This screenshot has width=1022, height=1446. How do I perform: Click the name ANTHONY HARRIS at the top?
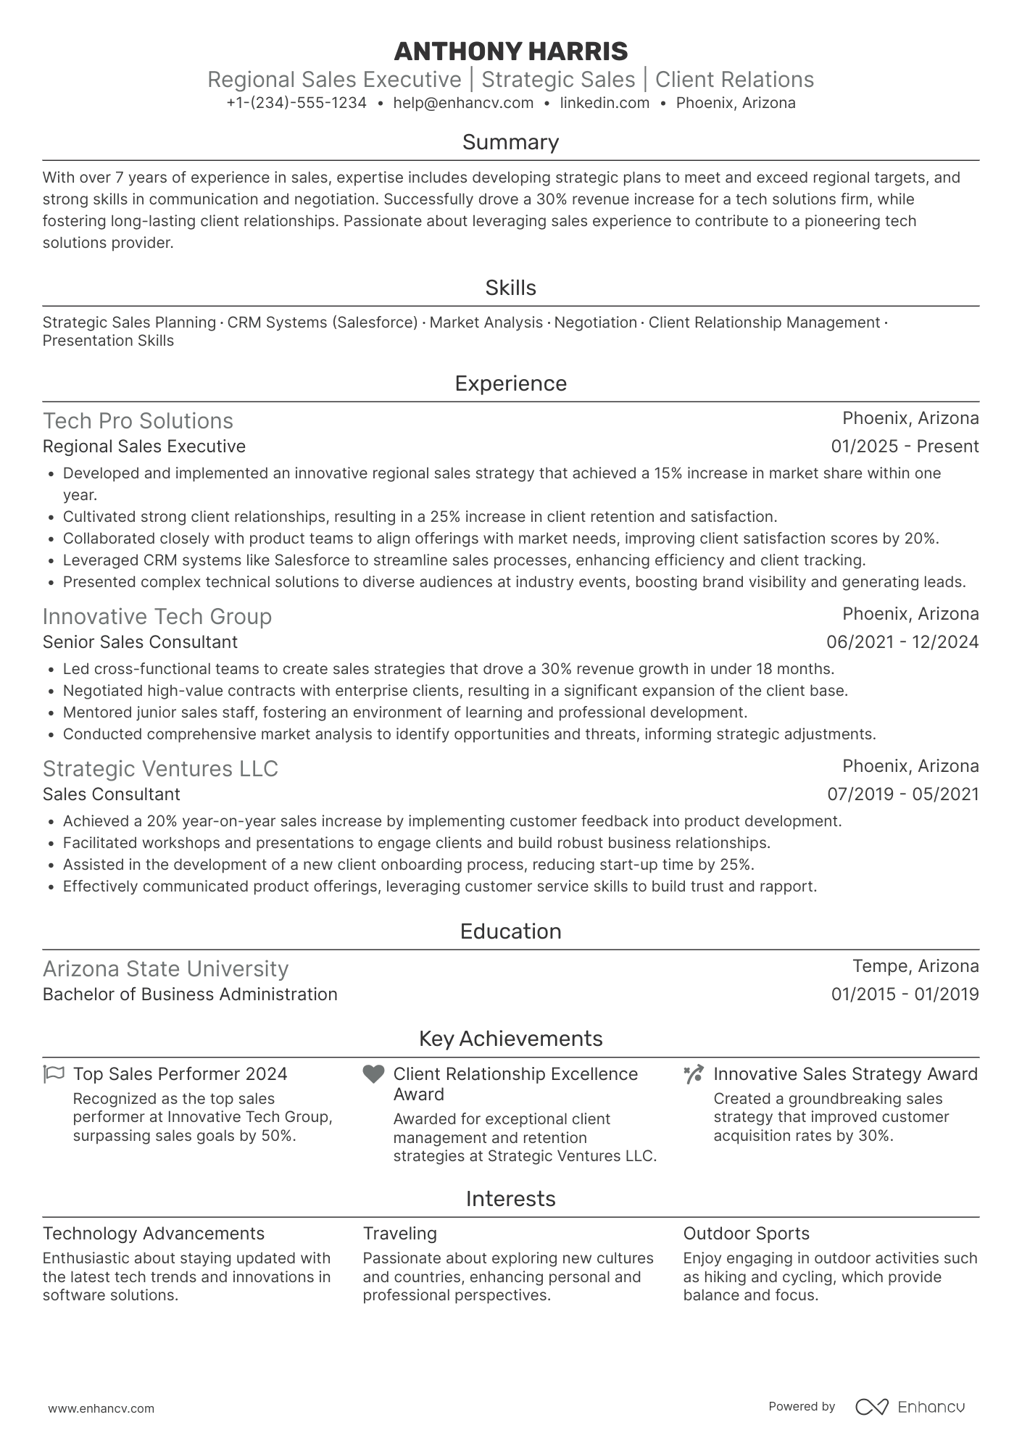pos(510,51)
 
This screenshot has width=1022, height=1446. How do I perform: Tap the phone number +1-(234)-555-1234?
pos(296,103)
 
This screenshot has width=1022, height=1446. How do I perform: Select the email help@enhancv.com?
pos(463,103)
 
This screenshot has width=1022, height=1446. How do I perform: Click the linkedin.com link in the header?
pos(605,103)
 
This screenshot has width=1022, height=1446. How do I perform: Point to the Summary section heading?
pos(510,142)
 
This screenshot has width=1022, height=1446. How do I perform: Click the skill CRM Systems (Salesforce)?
pos(322,323)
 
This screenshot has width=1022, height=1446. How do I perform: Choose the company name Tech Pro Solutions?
pos(138,421)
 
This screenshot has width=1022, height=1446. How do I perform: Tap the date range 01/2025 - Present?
pos(905,446)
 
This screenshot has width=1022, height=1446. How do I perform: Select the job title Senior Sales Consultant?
pos(140,642)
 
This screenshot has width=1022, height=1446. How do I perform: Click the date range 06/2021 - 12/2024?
pos(902,642)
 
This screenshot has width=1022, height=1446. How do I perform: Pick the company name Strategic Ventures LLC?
pos(160,768)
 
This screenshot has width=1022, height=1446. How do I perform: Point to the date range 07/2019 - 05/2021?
pos(902,794)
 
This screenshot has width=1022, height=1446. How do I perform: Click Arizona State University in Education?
pos(165,969)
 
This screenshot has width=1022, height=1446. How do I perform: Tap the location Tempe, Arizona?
pos(915,966)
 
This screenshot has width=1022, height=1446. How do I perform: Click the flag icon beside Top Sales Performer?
pos(54,1073)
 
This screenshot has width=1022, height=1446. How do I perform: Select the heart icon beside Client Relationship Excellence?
pos(373,1074)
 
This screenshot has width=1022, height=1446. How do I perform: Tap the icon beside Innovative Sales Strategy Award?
pos(693,1074)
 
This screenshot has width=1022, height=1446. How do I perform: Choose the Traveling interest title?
pos(399,1234)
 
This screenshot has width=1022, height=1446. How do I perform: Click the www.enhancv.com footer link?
pos(101,1409)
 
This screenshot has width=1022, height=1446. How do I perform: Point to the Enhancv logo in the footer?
pos(910,1407)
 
